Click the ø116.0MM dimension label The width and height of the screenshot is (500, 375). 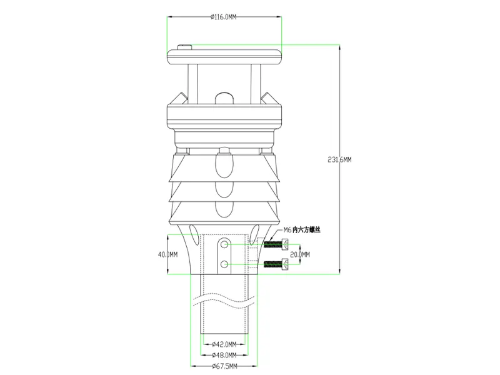tap(224, 17)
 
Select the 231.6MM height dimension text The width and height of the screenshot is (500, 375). tap(339, 159)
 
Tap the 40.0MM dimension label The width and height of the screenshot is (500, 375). tap(167, 254)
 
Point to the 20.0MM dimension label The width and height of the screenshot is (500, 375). tap(300, 254)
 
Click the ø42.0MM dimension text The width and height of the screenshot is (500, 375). tap(224, 344)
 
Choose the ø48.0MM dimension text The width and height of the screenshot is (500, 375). tap(224, 355)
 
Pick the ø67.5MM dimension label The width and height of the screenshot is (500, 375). tap(224, 366)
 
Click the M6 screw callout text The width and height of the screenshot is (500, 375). tap(302, 230)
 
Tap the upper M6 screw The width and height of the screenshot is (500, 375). tap(276, 245)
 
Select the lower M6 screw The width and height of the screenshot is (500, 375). tap(276, 264)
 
